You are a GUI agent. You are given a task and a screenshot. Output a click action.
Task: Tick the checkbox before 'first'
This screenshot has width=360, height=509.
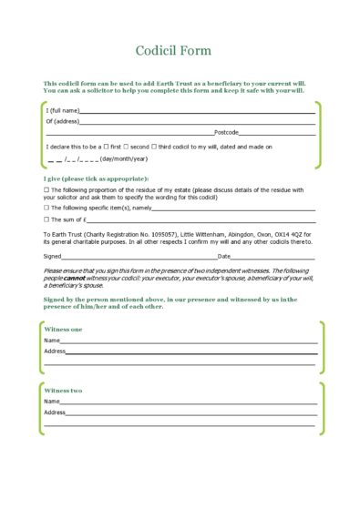coord(107,146)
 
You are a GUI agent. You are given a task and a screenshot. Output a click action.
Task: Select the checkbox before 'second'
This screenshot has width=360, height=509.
coord(132,146)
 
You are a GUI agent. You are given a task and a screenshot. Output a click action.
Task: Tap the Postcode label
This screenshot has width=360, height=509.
coord(226,132)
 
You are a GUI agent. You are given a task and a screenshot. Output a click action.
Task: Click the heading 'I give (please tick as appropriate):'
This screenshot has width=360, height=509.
coord(96,178)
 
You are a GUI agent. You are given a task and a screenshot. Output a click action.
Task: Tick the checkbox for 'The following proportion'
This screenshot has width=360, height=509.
coord(46,189)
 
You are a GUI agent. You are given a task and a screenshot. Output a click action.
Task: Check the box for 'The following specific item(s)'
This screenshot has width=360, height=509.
coord(46,208)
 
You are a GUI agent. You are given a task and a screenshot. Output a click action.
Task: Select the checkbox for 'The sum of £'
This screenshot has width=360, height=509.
coord(46,219)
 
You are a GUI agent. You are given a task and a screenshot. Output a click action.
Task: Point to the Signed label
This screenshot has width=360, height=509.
coord(53,257)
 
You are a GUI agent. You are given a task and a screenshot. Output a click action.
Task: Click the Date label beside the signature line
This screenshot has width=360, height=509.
coord(224,257)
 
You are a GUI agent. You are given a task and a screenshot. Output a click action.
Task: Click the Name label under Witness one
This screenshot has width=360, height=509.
coord(51,340)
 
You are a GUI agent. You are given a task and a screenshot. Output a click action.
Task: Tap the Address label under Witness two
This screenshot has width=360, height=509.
coord(54,412)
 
